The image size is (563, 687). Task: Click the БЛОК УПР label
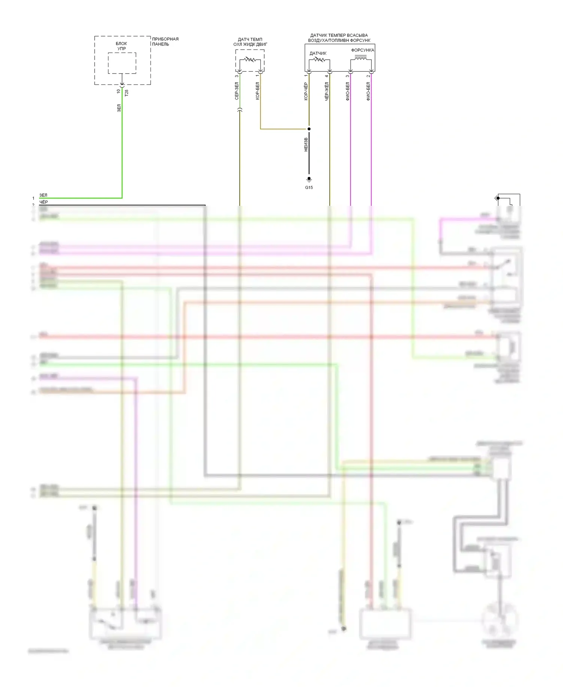click(x=122, y=46)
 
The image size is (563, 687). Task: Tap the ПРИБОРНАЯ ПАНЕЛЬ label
click(x=165, y=41)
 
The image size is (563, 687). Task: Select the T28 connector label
click(x=126, y=93)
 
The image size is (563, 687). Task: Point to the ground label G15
click(x=309, y=187)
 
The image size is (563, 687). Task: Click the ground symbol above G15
click(x=309, y=179)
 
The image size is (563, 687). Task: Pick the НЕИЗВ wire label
click(x=306, y=145)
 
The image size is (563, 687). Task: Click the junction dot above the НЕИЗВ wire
click(x=309, y=129)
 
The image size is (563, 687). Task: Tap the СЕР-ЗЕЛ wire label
click(x=237, y=91)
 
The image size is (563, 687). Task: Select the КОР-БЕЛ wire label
click(x=257, y=91)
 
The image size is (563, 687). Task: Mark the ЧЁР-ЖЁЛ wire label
click(x=327, y=91)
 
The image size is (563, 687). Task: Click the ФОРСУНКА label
click(x=362, y=50)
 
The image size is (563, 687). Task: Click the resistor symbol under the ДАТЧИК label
click(x=319, y=59)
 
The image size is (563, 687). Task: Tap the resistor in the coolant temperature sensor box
click(x=250, y=59)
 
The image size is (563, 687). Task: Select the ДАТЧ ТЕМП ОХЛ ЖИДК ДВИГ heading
click(x=250, y=42)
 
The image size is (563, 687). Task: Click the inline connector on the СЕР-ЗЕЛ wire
click(x=240, y=110)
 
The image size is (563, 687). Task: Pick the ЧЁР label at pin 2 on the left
click(x=44, y=202)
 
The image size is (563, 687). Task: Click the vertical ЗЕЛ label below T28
click(x=119, y=108)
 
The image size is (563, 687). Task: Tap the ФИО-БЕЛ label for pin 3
click(x=348, y=91)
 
